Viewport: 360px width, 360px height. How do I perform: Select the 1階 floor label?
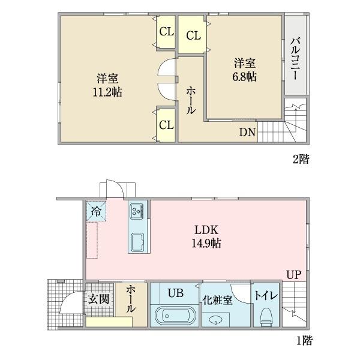(x=304, y=341)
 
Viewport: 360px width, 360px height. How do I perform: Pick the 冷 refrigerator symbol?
(x=96, y=210)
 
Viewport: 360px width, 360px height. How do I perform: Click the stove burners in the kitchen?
(x=136, y=211)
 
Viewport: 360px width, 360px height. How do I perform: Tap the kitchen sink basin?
(x=136, y=242)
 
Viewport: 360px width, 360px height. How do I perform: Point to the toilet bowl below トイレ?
(x=266, y=316)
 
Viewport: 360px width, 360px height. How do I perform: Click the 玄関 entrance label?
(x=98, y=298)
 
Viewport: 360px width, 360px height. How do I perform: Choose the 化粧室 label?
(x=217, y=300)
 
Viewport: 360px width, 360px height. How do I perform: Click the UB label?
(x=175, y=293)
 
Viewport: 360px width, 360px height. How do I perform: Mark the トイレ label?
(x=265, y=295)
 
